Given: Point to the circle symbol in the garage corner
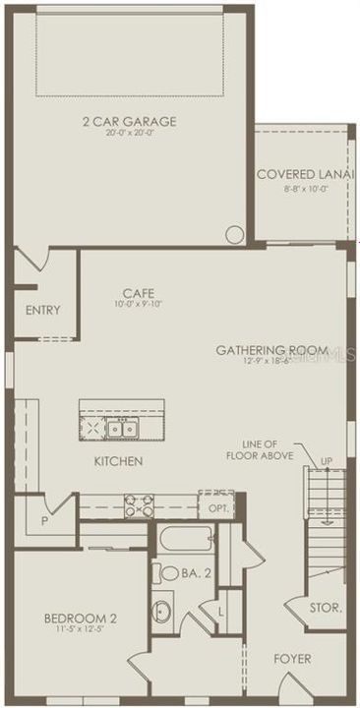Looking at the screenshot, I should [234, 234].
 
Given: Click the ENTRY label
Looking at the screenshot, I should [43, 311].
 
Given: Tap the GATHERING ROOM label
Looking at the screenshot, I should [271, 350].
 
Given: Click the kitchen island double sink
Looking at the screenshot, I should [123, 428].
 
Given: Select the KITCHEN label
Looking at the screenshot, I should [119, 461].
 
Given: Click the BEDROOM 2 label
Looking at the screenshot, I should [81, 619].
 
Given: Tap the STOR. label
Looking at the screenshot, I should [325, 609].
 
